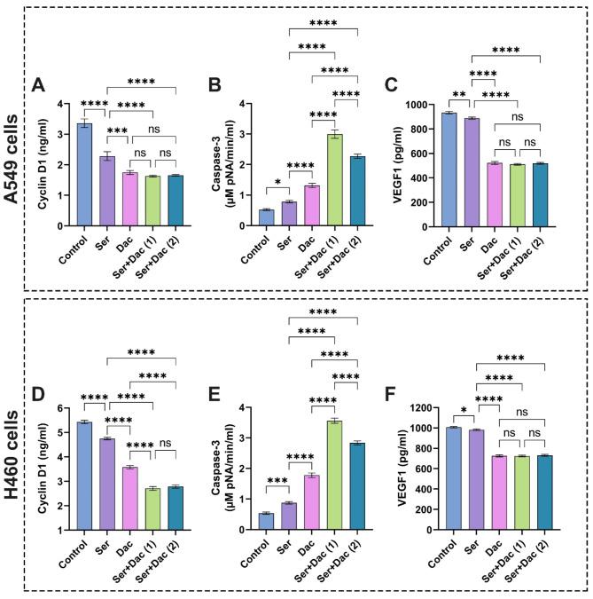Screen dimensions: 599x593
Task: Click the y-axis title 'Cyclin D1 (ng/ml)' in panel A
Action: click(x=39, y=164)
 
